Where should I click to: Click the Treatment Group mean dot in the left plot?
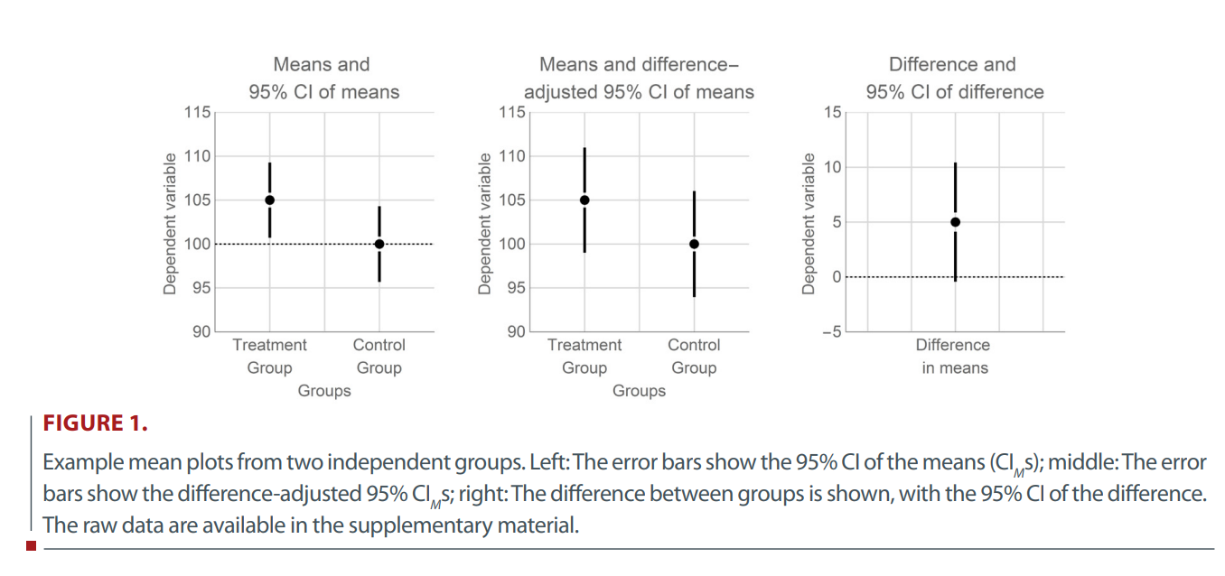click(x=269, y=200)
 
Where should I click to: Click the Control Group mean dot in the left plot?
click(x=379, y=244)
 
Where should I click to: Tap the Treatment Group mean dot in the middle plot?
click(x=584, y=200)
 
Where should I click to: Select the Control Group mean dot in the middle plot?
click(x=694, y=244)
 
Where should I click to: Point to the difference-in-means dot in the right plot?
click(x=955, y=221)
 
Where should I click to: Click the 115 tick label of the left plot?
click(x=197, y=113)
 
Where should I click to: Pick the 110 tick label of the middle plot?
click(x=511, y=156)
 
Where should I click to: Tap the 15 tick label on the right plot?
click(x=832, y=113)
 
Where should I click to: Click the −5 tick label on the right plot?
click(x=829, y=332)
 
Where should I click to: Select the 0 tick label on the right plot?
click(x=837, y=276)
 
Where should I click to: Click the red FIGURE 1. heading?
click(x=97, y=423)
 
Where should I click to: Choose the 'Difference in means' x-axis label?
click(x=954, y=357)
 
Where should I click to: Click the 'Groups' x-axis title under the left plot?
click(x=324, y=391)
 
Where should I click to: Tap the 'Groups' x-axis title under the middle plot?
click(x=639, y=391)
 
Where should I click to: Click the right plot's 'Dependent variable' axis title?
click(x=809, y=222)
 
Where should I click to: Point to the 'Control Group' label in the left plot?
click(x=379, y=357)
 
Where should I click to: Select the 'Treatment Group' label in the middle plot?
click(x=584, y=357)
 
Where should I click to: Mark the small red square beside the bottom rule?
click(x=32, y=545)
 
